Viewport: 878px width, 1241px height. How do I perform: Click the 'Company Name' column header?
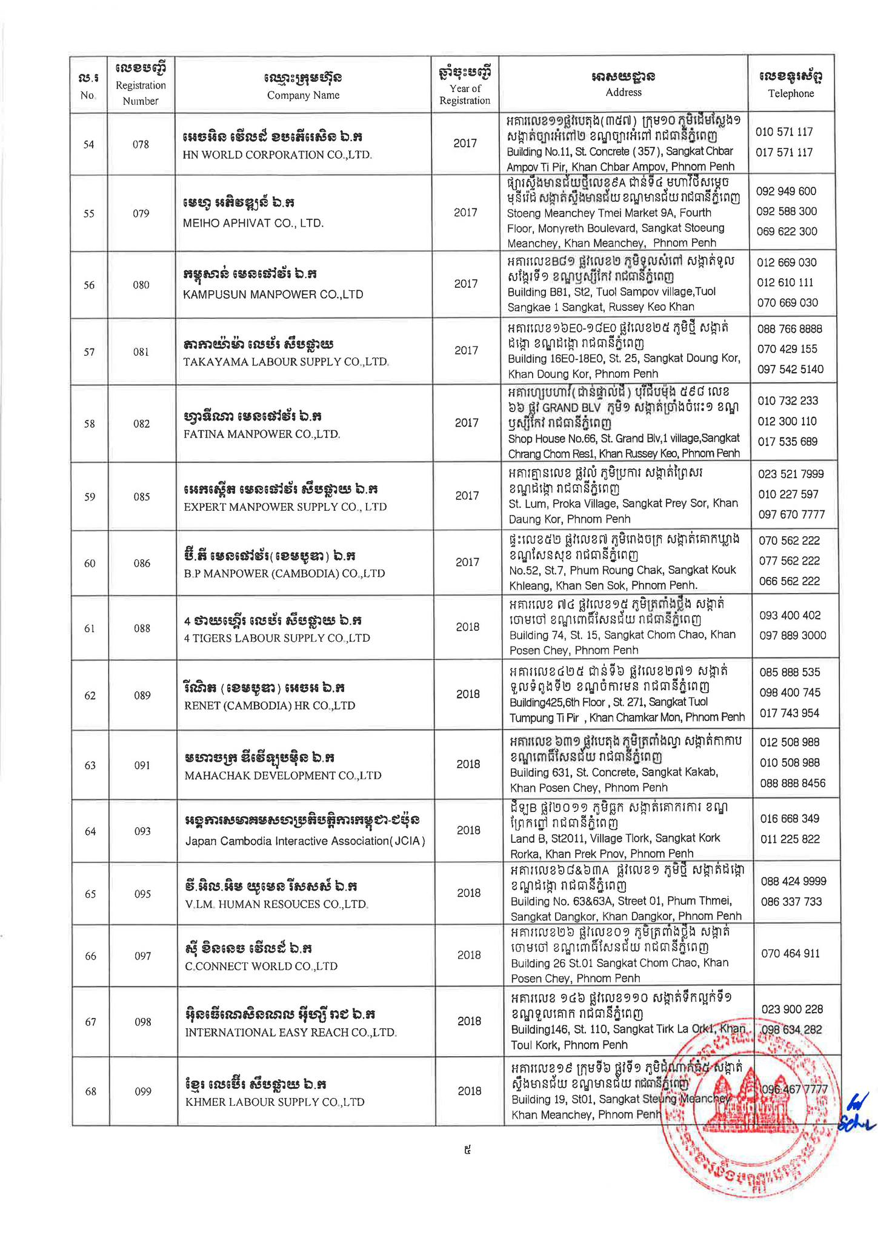303,95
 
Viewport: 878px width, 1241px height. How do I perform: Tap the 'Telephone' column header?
791,93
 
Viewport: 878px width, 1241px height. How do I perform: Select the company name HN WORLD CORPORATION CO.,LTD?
277,155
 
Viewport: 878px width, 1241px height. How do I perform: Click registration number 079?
141,213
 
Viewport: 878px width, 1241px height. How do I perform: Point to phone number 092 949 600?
786,191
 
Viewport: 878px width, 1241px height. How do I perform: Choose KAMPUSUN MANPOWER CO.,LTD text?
273,294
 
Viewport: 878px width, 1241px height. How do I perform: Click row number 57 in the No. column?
89,352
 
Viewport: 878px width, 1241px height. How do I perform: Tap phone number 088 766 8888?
790,329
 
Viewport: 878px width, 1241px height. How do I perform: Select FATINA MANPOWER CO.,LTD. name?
262,434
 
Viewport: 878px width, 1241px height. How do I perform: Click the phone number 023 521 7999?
791,474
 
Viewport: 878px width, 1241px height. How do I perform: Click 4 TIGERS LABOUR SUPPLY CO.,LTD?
277,638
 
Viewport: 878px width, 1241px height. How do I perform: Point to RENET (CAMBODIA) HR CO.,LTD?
270,705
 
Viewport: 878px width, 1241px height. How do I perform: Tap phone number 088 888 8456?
793,783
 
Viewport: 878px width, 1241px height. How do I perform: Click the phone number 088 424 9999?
793,881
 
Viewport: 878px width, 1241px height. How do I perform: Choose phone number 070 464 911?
790,953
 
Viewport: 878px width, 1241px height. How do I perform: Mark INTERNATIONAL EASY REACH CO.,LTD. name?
290,1032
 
